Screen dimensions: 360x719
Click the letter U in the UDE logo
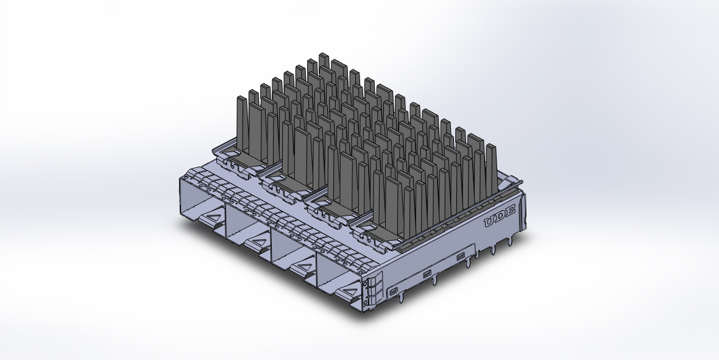[x=489, y=222]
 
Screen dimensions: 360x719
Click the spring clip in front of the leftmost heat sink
[x=235, y=163]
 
